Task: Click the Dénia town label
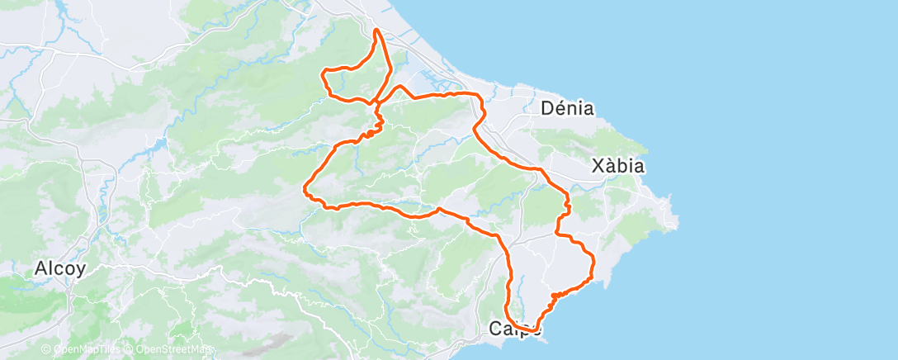(x=567, y=108)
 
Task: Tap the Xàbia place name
(x=618, y=166)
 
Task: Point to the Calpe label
(x=516, y=329)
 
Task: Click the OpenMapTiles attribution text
(x=85, y=350)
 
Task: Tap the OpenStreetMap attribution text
(x=173, y=350)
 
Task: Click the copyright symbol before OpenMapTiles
(x=46, y=350)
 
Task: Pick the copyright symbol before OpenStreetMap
(x=130, y=350)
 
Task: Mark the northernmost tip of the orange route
(x=376, y=30)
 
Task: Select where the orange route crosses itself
(x=377, y=103)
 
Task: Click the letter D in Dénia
(x=546, y=108)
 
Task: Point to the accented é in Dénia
(x=559, y=108)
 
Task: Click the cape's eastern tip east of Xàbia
(x=678, y=220)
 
